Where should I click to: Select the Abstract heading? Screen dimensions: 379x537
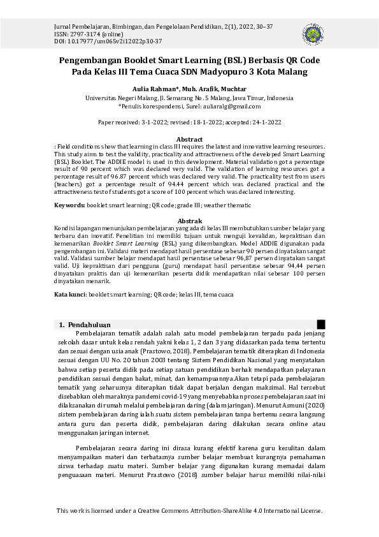(x=189, y=139)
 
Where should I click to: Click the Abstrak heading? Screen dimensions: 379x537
(x=189, y=221)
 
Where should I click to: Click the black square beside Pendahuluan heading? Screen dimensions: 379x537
(x=321, y=325)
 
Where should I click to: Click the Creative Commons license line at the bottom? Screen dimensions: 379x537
(x=189, y=510)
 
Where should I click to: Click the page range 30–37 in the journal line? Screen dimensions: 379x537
(x=265, y=26)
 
